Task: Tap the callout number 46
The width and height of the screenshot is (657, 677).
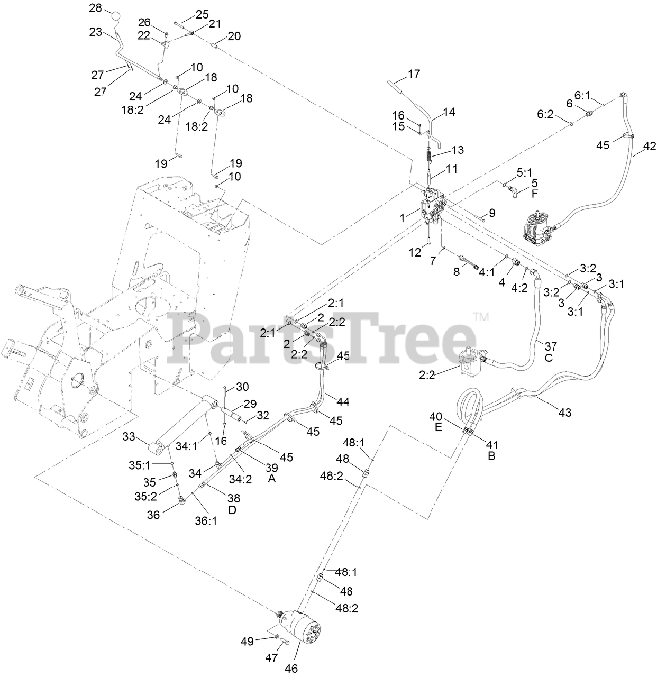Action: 291,667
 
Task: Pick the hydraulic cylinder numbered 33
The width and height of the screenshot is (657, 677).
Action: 185,423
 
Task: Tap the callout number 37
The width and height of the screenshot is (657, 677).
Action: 551,346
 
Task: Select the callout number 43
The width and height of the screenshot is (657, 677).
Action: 565,411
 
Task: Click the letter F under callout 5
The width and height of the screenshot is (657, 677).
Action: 534,194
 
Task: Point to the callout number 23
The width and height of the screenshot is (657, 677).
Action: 96,32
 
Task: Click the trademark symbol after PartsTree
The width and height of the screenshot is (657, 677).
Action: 481,317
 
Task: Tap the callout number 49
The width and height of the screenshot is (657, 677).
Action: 248,641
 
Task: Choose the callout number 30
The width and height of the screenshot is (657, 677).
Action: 242,387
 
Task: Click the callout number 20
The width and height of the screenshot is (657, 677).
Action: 234,36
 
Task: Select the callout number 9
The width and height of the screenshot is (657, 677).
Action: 492,213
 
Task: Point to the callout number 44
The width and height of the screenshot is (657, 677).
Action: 343,402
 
